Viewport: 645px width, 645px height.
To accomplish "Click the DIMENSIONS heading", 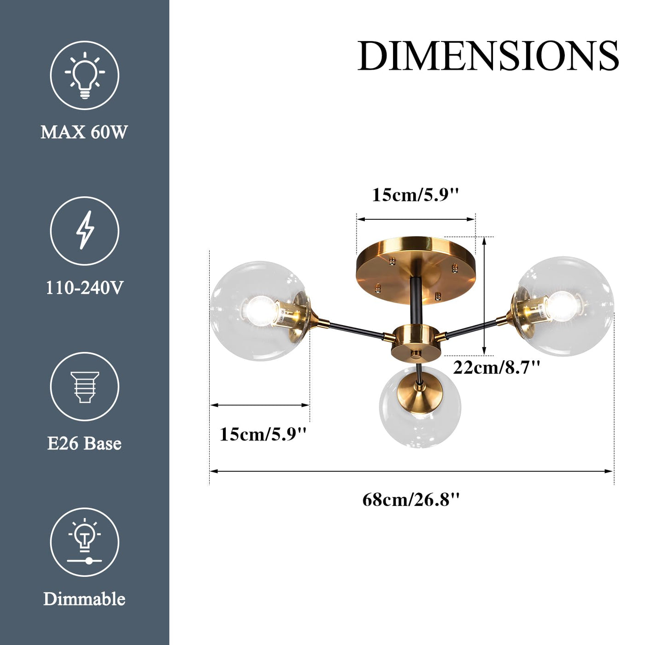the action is click(x=488, y=56).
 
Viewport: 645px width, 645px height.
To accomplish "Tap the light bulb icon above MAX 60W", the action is click(x=85, y=75).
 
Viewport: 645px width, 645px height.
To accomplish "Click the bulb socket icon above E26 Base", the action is click(x=85, y=387).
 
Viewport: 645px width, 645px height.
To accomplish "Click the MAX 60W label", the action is click(x=84, y=132).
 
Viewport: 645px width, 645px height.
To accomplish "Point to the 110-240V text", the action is click(x=85, y=288).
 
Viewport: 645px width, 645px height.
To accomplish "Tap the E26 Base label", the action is click(x=84, y=444).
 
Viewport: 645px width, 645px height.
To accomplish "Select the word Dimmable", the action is click(x=84, y=599).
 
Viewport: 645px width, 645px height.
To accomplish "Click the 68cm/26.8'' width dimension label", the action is click(x=411, y=510).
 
